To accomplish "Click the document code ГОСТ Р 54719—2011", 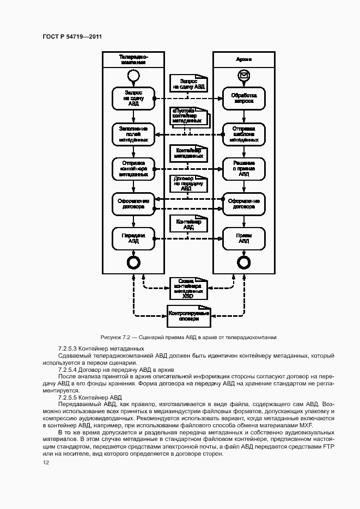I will click(72, 37).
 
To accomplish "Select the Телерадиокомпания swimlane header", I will click(133, 59).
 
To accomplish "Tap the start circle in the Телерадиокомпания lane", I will click(133, 75).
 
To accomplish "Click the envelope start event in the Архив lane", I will click(243, 75).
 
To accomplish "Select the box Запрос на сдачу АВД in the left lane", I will click(133, 98).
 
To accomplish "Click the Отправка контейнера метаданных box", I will click(133, 168).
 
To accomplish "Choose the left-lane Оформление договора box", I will click(133, 204).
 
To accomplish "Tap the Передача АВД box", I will click(133, 238).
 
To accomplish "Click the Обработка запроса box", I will click(243, 98).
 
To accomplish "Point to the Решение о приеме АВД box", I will click(243, 168).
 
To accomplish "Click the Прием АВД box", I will click(243, 238).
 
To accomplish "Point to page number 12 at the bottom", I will click(46, 463).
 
